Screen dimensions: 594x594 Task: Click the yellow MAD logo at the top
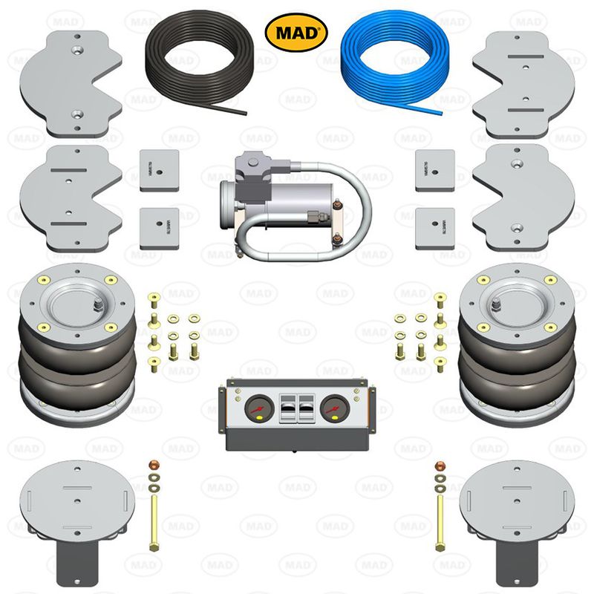pos(296,32)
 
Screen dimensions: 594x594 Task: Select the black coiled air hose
pos(195,63)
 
